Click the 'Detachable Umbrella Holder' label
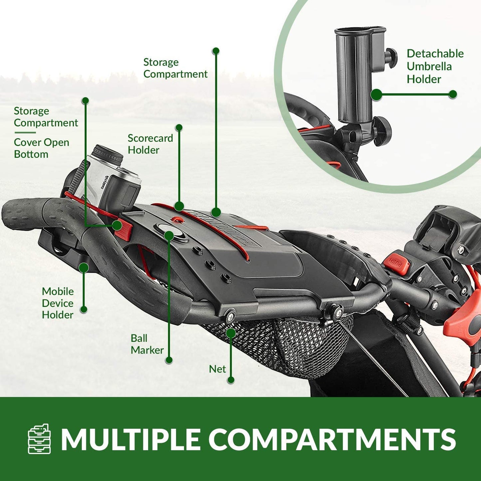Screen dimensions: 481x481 (435, 66)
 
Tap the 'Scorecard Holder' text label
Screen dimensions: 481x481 (150, 144)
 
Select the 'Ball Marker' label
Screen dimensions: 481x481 (147, 344)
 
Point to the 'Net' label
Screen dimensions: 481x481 (217, 369)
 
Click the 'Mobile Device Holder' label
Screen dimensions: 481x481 (58, 303)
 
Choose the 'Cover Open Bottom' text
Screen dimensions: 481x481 (41, 148)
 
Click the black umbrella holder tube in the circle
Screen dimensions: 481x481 (355, 73)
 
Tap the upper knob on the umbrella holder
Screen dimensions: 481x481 (391, 57)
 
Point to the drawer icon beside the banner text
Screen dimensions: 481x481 (39, 439)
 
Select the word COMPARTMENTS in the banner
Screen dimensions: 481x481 (332, 439)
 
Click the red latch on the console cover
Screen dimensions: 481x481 (123, 230)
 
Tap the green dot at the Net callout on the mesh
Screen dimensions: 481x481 (231, 333)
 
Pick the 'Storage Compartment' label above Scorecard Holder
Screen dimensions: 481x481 (175, 68)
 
